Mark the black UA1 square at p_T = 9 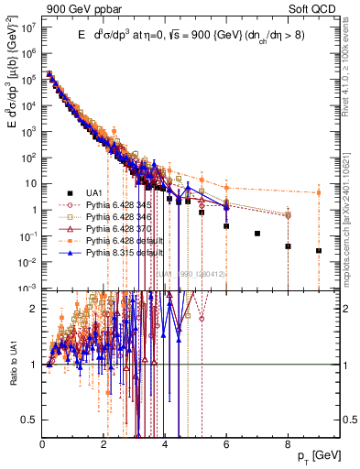coord(319,250)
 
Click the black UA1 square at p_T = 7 coord(257,234)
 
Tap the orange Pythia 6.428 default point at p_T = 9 coord(319,192)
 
